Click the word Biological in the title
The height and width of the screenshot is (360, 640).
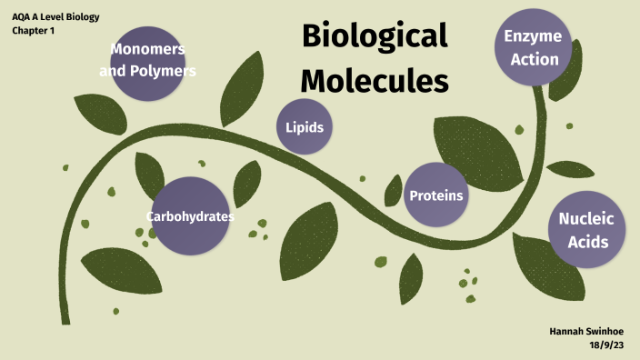[x=375, y=37]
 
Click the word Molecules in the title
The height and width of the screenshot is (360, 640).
[x=375, y=80]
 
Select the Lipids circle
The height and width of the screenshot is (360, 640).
[x=305, y=127]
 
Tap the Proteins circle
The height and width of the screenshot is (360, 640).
[x=436, y=195]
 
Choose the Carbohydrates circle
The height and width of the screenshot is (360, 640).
[x=190, y=216]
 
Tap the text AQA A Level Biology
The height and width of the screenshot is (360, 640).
[x=55, y=17]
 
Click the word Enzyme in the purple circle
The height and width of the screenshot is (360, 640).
[x=533, y=37]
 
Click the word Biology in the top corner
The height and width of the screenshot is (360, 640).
[x=79, y=17]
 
